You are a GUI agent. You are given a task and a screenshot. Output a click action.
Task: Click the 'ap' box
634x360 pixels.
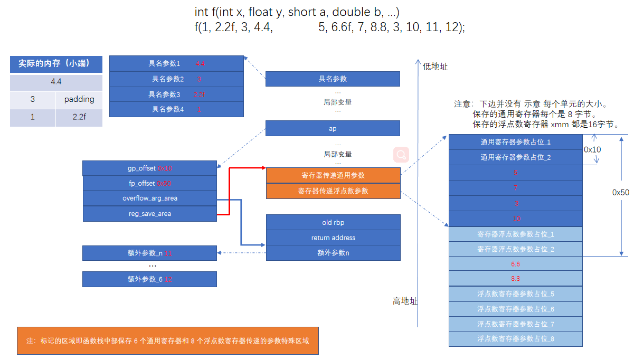click(x=333, y=128)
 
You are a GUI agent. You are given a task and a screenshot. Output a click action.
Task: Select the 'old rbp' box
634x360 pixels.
click(x=333, y=222)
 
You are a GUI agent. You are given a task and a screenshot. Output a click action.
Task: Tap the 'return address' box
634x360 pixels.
click(x=333, y=238)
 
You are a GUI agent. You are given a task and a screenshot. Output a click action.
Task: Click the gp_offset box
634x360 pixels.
click(x=149, y=168)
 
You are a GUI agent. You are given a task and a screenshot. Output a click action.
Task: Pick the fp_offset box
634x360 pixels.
click(x=149, y=183)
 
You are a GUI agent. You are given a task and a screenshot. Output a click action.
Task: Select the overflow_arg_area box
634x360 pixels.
click(x=149, y=198)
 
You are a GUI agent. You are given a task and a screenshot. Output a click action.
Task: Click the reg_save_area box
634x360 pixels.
click(x=149, y=213)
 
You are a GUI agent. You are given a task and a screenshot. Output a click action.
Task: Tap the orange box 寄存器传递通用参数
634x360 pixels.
click(x=333, y=175)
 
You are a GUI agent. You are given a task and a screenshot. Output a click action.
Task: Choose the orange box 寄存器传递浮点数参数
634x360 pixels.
click(x=333, y=191)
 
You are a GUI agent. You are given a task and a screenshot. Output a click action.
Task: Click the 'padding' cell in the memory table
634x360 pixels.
click(x=79, y=99)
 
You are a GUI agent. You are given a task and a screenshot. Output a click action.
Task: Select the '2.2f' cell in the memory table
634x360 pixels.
click(x=79, y=117)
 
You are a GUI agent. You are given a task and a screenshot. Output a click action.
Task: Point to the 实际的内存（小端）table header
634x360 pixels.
click(x=56, y=64)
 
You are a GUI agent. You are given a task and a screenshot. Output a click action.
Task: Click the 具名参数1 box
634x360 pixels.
click(x=176, y=64)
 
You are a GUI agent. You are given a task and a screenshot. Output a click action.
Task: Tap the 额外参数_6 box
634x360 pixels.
click(x=149, y=279)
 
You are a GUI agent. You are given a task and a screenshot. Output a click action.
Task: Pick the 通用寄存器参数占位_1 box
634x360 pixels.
click(x=515, y=142)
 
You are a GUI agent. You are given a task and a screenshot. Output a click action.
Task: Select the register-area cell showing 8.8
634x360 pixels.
click(x=515, y=278)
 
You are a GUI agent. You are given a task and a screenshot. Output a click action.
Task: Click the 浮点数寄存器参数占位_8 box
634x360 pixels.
click(x=515, y=339)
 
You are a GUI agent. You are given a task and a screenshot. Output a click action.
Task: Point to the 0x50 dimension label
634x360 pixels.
click(x=620, y=193)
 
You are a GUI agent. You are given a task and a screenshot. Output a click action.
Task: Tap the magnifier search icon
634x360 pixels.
click(x=402, y=155)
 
